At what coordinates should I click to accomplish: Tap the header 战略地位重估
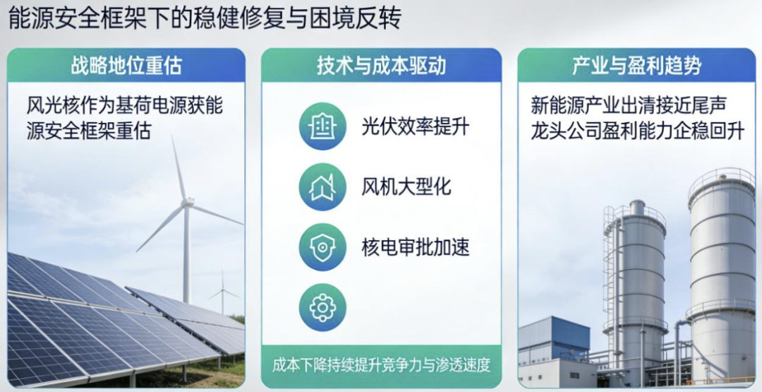[126, 66]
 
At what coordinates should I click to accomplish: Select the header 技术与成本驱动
[381, 66]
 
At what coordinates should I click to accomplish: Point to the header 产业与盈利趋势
[636, 66]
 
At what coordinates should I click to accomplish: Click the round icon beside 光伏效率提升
[322, 126]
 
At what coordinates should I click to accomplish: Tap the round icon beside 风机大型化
[322, 187]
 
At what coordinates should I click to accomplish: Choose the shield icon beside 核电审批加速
[322, 247]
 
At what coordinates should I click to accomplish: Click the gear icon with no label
[322, 307]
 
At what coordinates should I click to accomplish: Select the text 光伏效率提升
[416, 126]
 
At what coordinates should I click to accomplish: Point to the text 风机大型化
[406, 187]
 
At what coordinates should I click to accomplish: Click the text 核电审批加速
[416, 247]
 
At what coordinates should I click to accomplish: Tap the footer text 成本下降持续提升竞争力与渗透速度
[381, 365]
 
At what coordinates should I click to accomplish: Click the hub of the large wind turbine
[187, 203]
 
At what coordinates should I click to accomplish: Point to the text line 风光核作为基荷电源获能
[125, 106]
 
